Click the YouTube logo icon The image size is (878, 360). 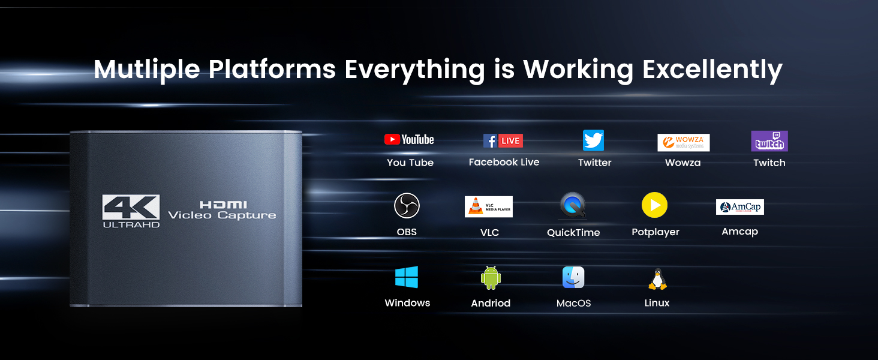409,140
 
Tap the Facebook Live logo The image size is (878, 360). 503,141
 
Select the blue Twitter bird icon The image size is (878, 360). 593,141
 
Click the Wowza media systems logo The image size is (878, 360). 683,142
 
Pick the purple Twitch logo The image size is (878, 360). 769,141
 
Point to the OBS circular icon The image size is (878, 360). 407,206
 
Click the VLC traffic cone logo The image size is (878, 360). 488,206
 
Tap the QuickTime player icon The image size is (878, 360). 572,206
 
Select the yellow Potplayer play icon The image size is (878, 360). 654,206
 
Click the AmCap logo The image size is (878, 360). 739,207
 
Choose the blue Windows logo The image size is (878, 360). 407,277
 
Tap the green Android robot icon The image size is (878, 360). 491,278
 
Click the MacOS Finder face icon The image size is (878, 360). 573,277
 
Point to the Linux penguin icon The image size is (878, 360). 657,279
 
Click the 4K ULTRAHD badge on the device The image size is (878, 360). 131,211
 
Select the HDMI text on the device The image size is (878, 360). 223,205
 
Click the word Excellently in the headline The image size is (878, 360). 712,70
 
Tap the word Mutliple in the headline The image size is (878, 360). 146,70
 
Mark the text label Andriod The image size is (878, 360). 491,303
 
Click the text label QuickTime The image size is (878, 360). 573,233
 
